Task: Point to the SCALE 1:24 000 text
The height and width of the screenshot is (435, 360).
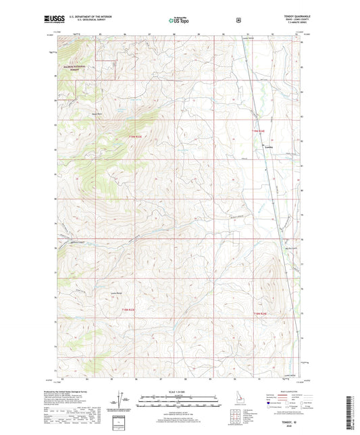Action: (179, 392)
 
